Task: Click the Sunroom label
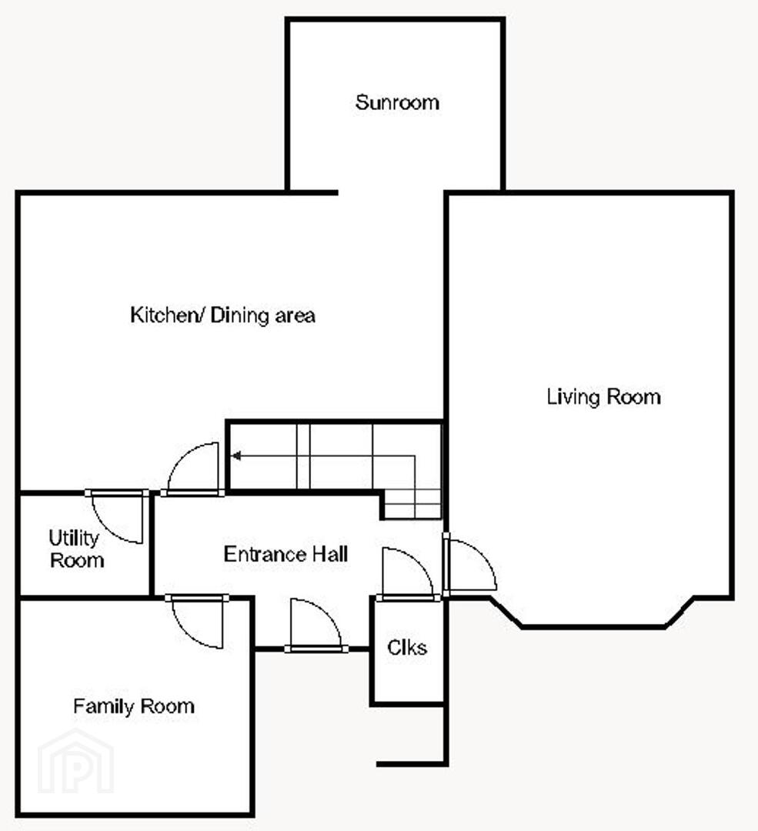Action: (x=397, y=102)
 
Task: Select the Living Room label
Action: (x=604, y=396)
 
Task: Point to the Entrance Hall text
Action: (x=286, y=554)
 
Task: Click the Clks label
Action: (x=407, y=647)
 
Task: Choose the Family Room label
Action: (x=134, y=706)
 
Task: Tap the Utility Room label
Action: (x=75, y=549)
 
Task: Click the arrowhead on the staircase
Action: (x=236, y=456)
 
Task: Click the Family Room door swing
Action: (x=197, y=622)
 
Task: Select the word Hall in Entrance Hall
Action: (x=329, y=554)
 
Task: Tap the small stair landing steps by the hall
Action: (x=412, y=504)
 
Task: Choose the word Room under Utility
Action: (x=77, y=560)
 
